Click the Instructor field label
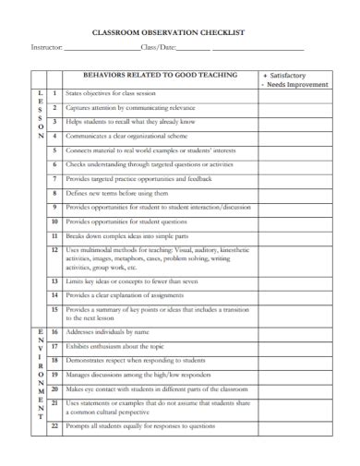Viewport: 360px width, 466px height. (x=47, y=48)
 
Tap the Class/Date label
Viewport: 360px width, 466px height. (x=156, y=48)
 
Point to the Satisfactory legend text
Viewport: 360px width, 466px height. (x=293, y=76)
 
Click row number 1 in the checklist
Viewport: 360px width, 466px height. (x=55, y=93)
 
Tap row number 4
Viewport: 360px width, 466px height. (x=55, y=136)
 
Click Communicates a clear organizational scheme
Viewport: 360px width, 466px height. (x=128, y=136)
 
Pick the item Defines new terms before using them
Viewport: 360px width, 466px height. (x=117, y=193)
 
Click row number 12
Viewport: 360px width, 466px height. (x=55, y=251)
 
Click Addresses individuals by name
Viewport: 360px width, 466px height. (x=107, y=331)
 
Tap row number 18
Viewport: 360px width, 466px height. (x=55, y=360)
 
